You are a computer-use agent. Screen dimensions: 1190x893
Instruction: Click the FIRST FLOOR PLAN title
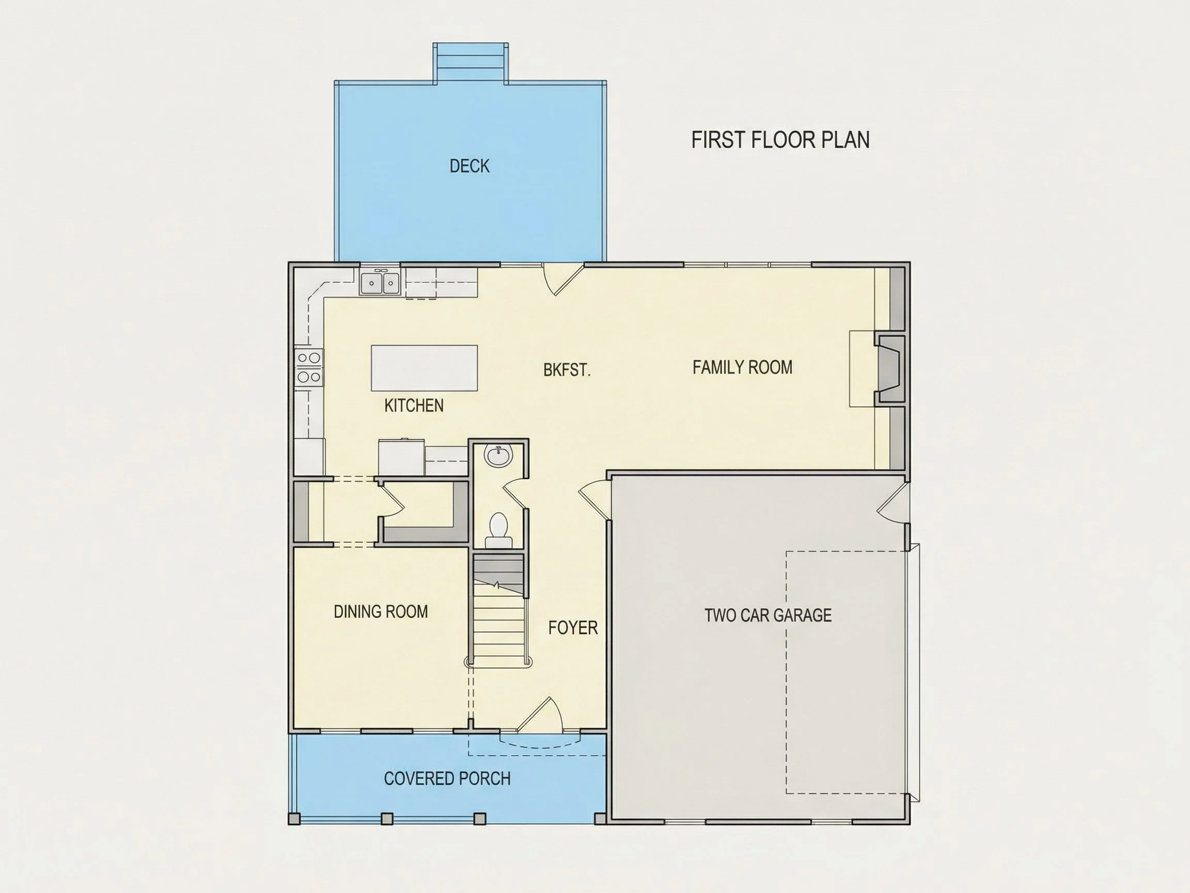(x=780, y=140)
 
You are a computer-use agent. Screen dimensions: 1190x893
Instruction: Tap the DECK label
(x=469, y=166)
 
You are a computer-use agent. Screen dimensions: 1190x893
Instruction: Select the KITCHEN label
(x=414, y=405)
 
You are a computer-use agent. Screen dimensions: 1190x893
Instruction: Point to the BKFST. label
(x=567, y=370)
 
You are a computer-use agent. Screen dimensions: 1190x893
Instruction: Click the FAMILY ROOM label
(x=742, y=367)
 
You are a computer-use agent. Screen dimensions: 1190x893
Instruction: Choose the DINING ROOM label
(x=381, y=611)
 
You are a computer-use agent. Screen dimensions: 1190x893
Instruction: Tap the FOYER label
(x=573, y=627)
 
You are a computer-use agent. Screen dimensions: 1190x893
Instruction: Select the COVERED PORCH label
(x=447, y=778)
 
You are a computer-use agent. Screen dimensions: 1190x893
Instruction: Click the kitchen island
(x=425, y=368)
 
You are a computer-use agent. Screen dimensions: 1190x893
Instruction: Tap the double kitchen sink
(x=380, y=283)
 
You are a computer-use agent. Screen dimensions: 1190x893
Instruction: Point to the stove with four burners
(x=309, y=367)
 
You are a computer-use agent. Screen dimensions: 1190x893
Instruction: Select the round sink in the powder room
(x=499, y=456)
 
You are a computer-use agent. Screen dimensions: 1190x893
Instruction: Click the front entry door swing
(x=540, y=715)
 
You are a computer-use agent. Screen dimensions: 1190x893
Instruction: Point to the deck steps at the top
(x=470, y=63)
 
